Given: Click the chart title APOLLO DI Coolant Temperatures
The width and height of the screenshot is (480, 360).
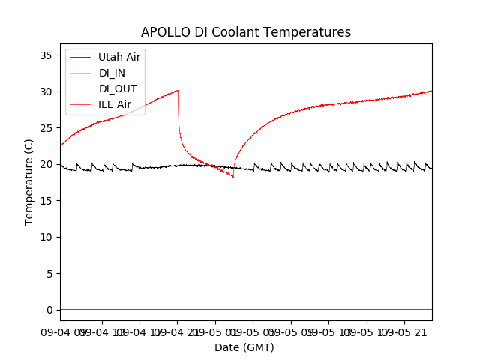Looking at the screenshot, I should click(246, 32).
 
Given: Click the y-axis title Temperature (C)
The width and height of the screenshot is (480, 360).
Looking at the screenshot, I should click(29, 181).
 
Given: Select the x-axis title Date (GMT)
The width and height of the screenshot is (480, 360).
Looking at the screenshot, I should click(244, 347).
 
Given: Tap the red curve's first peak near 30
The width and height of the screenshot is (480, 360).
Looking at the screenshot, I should click(177, 91).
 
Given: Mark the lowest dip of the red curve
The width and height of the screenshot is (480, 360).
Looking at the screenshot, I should click(233, 177).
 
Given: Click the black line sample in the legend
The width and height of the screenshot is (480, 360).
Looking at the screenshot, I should click(81, 57).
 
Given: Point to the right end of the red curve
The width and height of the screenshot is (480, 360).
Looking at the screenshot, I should click(431, 91).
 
